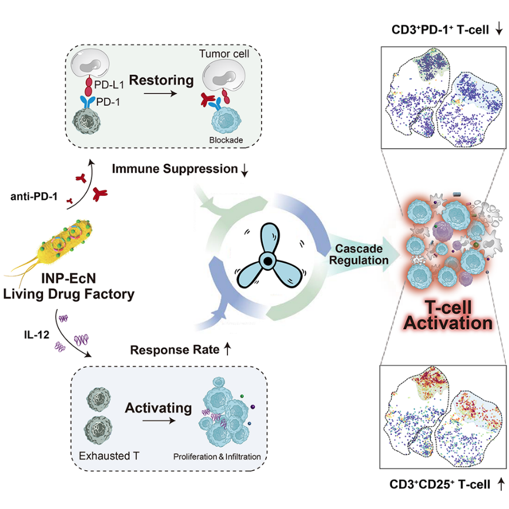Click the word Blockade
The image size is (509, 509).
224,140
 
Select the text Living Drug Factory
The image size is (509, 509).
68,293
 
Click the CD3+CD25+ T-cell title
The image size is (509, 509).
440,484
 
